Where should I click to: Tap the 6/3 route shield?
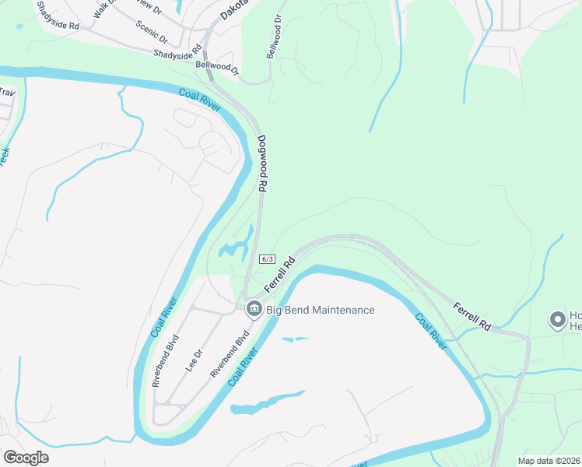point(268,259)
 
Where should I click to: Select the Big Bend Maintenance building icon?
point(254,310)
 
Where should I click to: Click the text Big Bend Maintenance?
point(321,310)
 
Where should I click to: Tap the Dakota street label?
point(233,9)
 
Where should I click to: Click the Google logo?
point(26,457)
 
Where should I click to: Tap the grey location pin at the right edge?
point(557,319)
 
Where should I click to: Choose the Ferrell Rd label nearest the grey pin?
point(473,314)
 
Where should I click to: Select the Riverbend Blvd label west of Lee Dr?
point(166,360)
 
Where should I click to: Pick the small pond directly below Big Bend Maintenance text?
point(296,339)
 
